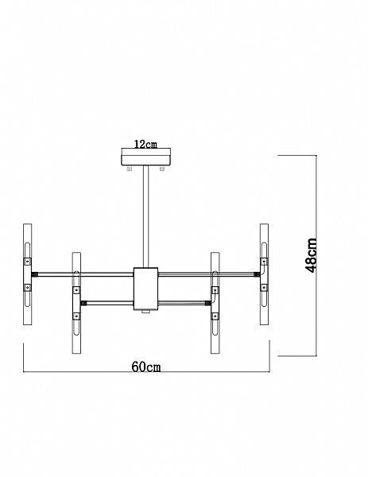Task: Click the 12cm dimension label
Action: [x=145, y=144]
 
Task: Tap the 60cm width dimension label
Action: [x=146, y=366]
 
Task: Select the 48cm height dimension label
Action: [x=311, y=255]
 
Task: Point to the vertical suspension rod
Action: [x=145, y=216]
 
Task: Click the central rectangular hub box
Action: [x=146, y=289]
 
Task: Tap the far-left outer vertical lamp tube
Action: [x=27, y=274]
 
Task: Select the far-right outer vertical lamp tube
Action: [x=264, y=274]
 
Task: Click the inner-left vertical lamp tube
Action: [x=76, y=303]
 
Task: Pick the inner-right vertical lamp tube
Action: [x=215, y=303]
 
